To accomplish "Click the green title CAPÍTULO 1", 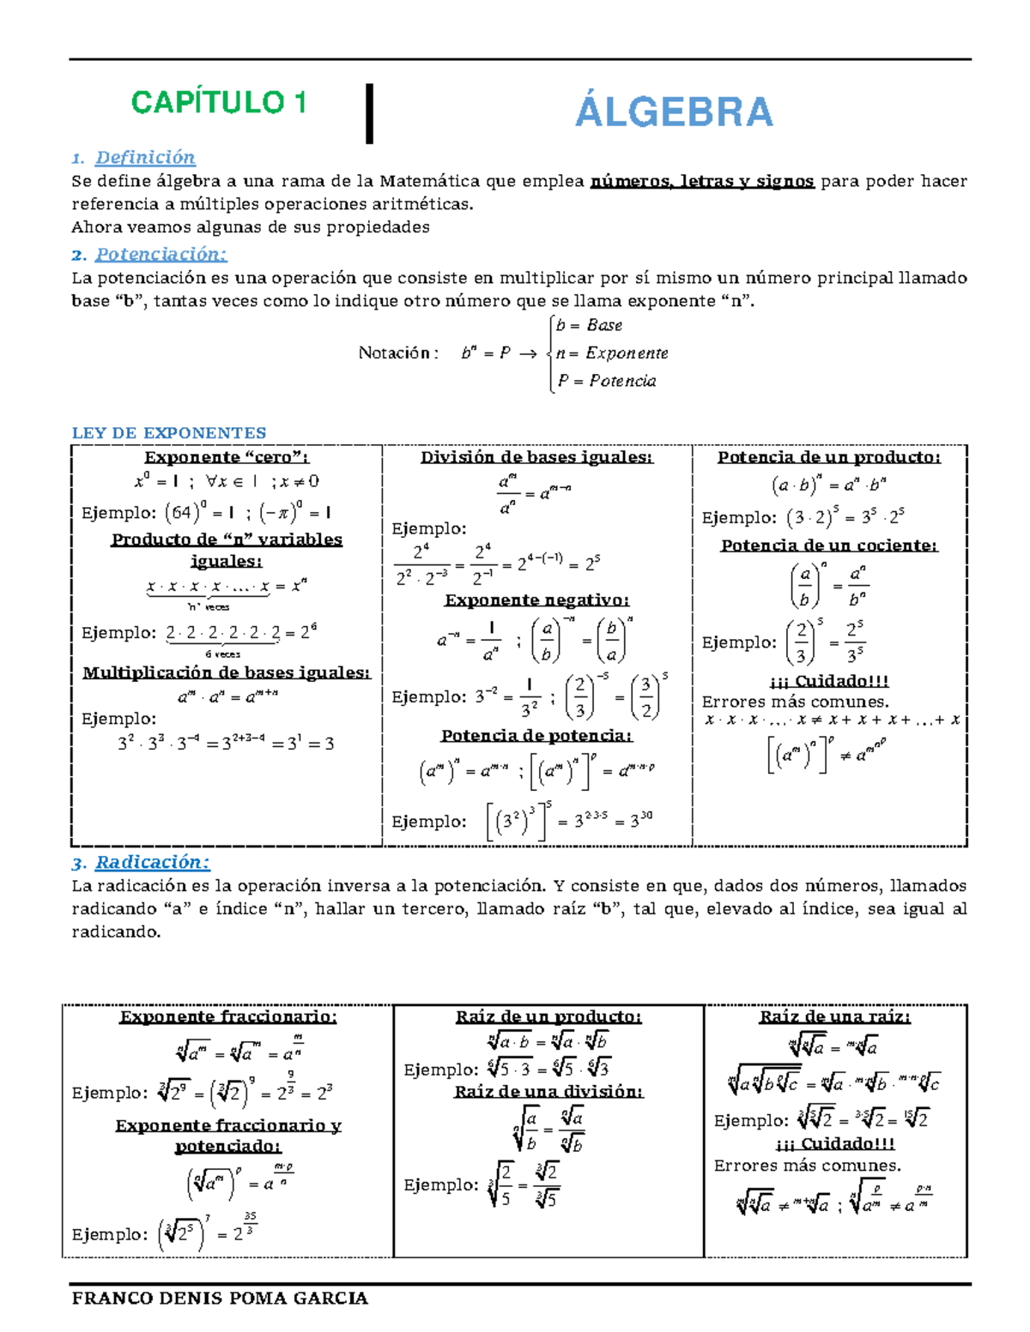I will [x=218, y=103].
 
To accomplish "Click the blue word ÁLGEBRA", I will [x=674, y=112].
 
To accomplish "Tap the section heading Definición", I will [x=145, y=157].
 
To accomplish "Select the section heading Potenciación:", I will [x=161, y=254].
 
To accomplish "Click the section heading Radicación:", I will [x=152, y=862].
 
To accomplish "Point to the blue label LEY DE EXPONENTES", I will [x=168, y=433].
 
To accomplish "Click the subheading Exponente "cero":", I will [x=227, y=457].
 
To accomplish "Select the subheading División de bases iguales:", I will [x=536, y=457].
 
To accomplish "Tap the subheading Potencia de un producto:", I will [x=829, y=457].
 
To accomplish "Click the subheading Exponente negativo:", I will [x=536, y=600].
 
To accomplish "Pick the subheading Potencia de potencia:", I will [x=536, y=735].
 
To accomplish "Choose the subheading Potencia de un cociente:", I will [x=829, y=545].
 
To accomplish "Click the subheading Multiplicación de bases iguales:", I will [x=227, y=672].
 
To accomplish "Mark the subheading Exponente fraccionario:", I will [x=228, y=1016].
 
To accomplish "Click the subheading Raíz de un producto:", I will [x=548, y=1016].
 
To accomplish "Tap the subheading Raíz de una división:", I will [x=548, y=1091].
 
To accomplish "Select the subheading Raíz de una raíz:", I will [x=835, y=1016].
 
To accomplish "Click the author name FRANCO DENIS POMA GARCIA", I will [x=220, y=1298].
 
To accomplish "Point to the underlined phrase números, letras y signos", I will [x=702, y=181].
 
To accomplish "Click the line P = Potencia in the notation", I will [x=607, y=381].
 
